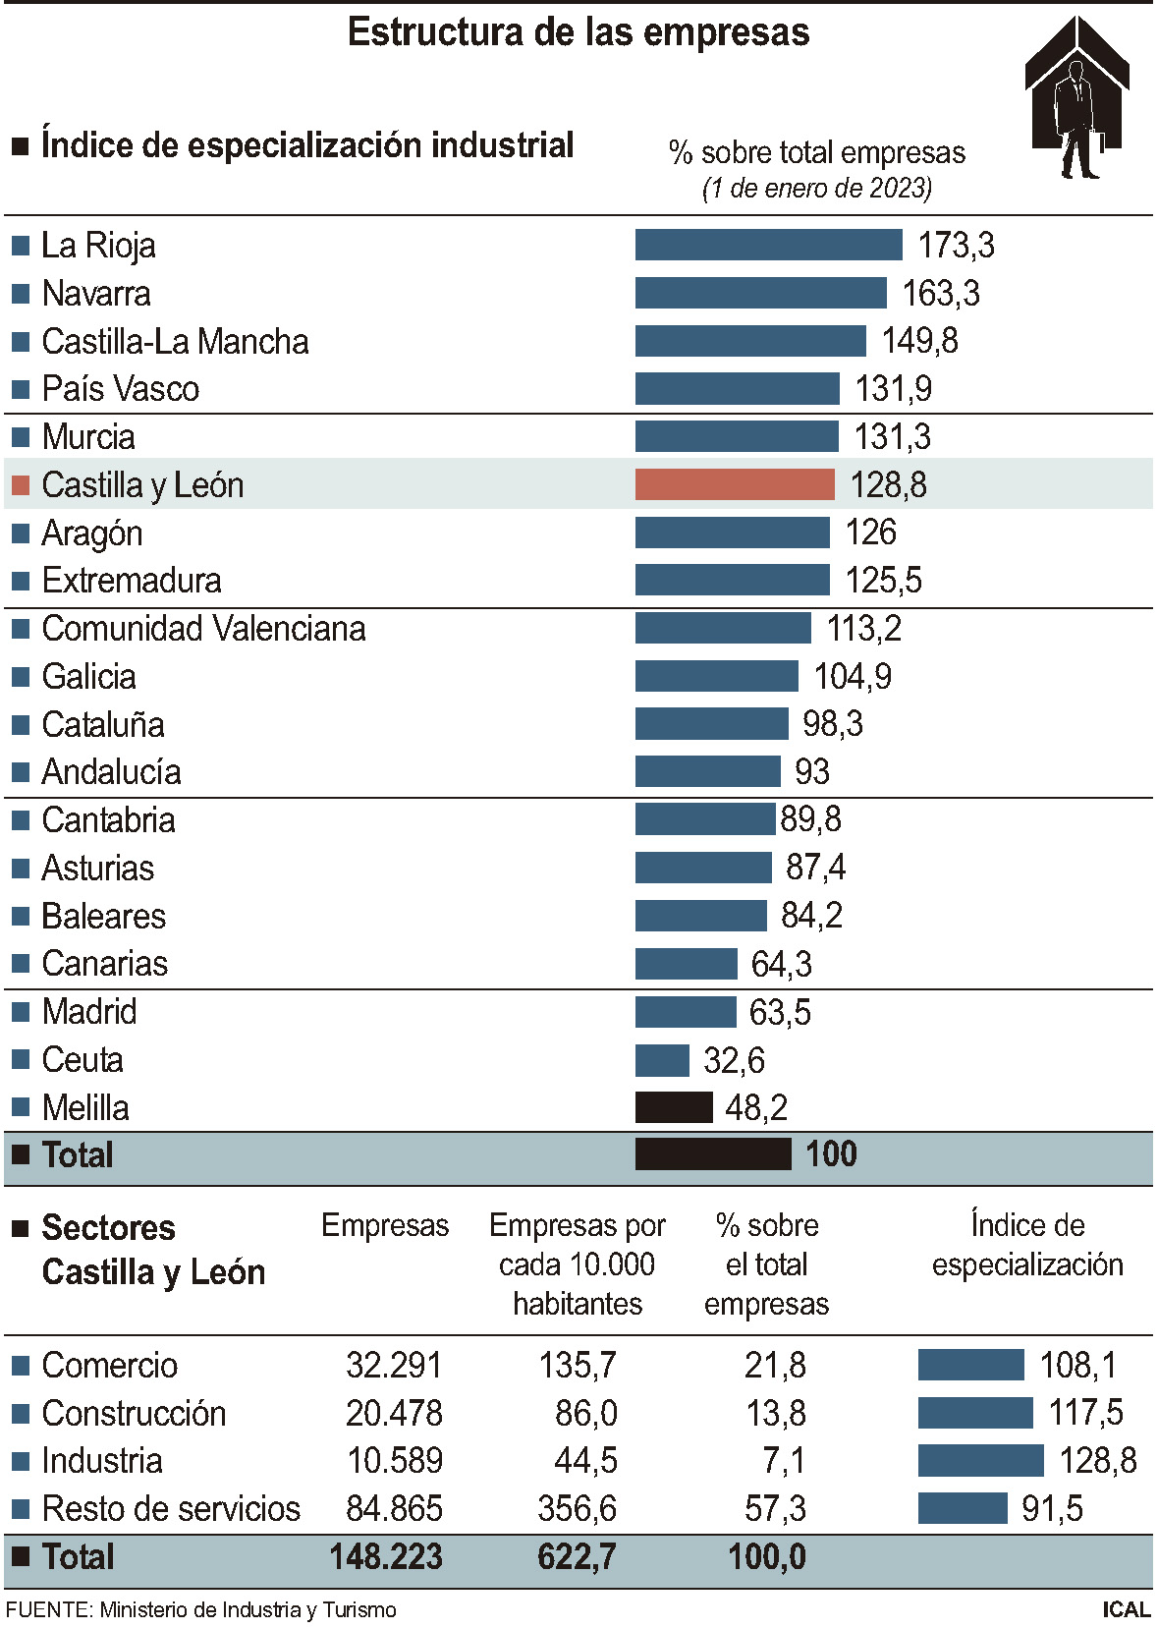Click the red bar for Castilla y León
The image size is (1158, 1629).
[735, 484]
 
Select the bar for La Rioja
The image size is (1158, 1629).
[768, 245]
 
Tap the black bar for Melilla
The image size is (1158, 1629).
[674, 1107]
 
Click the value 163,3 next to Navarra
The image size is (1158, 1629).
[940, 293]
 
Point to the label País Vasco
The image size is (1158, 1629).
[120, 389]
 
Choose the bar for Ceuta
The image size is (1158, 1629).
[662, 1060]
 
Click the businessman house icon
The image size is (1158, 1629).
[1076, 98]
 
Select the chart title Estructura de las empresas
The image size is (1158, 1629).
[579, 32]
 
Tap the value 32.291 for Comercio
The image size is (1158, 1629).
[394, 1365]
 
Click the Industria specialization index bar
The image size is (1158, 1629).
[980, 1460]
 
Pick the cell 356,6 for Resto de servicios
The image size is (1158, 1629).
[577, 1508]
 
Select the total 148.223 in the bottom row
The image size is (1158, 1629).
[386, 1556]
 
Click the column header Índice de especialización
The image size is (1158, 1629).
[1027, 1244]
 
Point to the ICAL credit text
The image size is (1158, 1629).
[1126, 1609]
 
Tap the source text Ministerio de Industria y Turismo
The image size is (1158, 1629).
[248, 1609]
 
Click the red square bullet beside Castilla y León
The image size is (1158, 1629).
[21, 485]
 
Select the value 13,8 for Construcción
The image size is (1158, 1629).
[775, 1413]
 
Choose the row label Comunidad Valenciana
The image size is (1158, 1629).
[203, 629]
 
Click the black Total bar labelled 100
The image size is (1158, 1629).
[713, 1153]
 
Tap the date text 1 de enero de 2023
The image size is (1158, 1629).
[816, 188]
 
